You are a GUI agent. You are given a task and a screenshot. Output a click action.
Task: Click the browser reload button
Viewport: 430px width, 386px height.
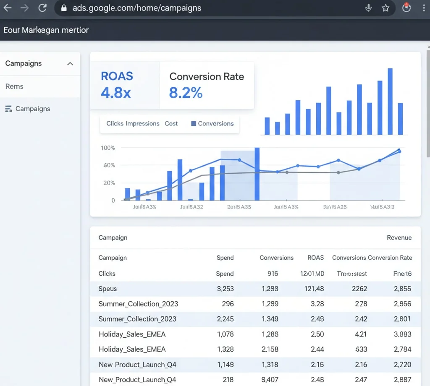click(x=42, y=8)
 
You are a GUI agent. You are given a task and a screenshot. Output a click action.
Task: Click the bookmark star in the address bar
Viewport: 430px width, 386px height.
click(x=385, y=8)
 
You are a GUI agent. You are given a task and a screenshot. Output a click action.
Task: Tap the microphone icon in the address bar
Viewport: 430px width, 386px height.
click(x=369, y=8)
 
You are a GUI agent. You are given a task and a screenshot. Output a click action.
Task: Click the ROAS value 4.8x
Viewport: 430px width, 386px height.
click(x=116, y=92)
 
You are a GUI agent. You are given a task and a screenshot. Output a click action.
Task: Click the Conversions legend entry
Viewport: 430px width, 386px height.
click(x=212, y=123)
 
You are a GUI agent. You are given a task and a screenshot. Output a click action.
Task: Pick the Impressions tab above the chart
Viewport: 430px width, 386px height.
click(x=142, y=123)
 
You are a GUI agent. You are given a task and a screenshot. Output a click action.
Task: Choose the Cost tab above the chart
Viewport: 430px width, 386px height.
click(x=171, y=123)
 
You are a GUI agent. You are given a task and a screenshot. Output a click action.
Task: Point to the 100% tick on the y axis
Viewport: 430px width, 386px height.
click(x=108, y=148)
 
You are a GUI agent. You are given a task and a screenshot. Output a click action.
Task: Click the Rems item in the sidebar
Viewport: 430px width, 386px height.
click(x=14, y=86)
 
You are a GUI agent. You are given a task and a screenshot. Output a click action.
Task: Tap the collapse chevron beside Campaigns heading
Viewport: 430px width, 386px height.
click(x=70, y=64)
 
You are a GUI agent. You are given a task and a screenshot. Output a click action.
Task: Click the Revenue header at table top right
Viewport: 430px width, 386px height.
click(x=399, y=237)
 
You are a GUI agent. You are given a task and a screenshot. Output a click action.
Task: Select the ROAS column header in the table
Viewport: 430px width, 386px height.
click(x=315, y=258)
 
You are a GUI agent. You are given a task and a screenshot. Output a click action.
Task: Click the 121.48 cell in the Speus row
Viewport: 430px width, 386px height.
click(x=314, y=289)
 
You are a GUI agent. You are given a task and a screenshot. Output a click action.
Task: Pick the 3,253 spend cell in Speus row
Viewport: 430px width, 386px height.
click(x=225, y=289)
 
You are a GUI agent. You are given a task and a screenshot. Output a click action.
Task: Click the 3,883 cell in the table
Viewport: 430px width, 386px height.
click(x=402, y=334)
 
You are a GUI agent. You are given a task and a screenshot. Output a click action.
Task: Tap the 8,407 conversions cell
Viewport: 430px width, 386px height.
click(x=270, y=380)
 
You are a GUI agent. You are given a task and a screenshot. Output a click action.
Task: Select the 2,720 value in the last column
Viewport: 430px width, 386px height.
click(x=402, y=365)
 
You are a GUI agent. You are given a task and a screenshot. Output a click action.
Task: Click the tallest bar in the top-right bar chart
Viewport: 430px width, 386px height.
click(x=390, y=102)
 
